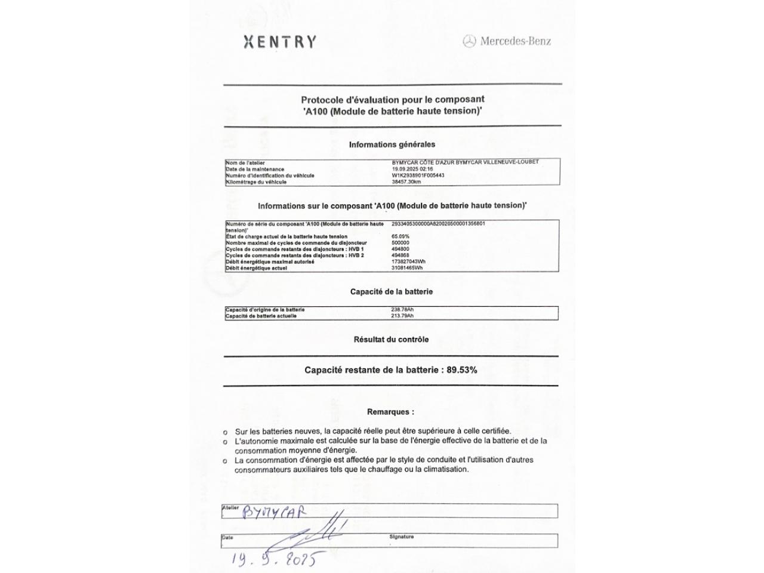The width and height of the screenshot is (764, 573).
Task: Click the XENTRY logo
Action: pos(280,42)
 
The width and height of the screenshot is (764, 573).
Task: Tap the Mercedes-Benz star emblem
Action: pos(470,41)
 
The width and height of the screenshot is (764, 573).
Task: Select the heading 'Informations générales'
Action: pos(392,144)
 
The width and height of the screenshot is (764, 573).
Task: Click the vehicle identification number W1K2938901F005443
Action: pos(418,175)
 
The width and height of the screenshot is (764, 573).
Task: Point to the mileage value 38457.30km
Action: pos(406,182)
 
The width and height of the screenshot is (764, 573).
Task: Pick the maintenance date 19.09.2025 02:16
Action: pos(412,169)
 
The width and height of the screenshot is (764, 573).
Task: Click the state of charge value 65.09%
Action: pos(401,236)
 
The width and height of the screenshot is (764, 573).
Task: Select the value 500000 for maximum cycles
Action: pos(401,243)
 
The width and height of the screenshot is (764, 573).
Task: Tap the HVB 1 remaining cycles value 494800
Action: pos(401,249)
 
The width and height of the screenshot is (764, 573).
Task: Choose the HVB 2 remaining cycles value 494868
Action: pos(401,255)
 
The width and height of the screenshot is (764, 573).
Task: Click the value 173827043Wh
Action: pos(408,261)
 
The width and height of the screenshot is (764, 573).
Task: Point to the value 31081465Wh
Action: pos(407,268)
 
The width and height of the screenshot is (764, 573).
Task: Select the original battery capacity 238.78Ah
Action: pos(402,310)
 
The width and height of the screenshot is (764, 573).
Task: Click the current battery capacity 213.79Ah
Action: pos(402,316)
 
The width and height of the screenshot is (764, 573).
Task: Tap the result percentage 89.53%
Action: pos(462,370)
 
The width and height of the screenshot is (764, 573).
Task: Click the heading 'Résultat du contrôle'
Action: pos(391,340)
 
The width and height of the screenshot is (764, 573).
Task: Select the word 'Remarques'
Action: pos(389,412)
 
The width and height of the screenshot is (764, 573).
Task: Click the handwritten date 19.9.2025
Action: pos(275,559)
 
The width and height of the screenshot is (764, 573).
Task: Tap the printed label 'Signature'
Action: pos(401,537)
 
